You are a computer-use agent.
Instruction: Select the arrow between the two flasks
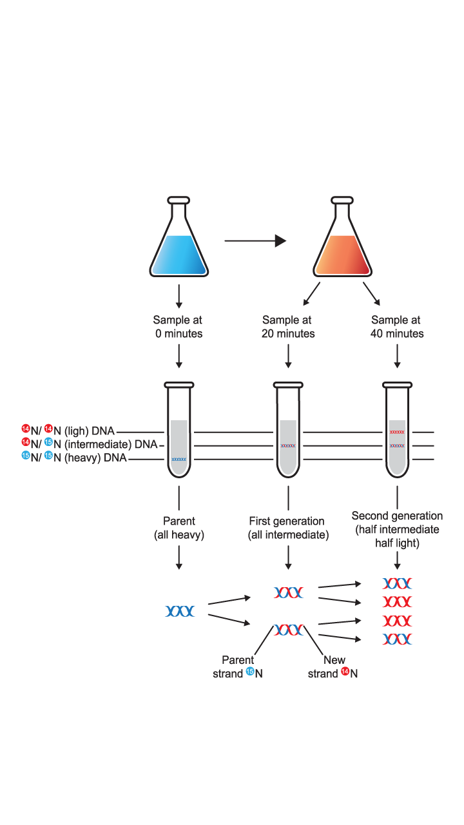(255, 240)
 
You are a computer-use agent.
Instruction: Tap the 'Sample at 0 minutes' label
(178, 327)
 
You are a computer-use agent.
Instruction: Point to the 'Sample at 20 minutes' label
(287, 327)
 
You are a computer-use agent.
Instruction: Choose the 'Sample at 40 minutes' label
(397, 327)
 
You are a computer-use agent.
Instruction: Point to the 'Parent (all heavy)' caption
(179, 528)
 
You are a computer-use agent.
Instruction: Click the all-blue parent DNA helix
(179, 611)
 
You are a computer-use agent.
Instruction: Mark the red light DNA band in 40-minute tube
(397, 432)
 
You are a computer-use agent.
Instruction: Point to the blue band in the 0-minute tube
(179, 459)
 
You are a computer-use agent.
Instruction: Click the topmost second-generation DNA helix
(397, 584)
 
